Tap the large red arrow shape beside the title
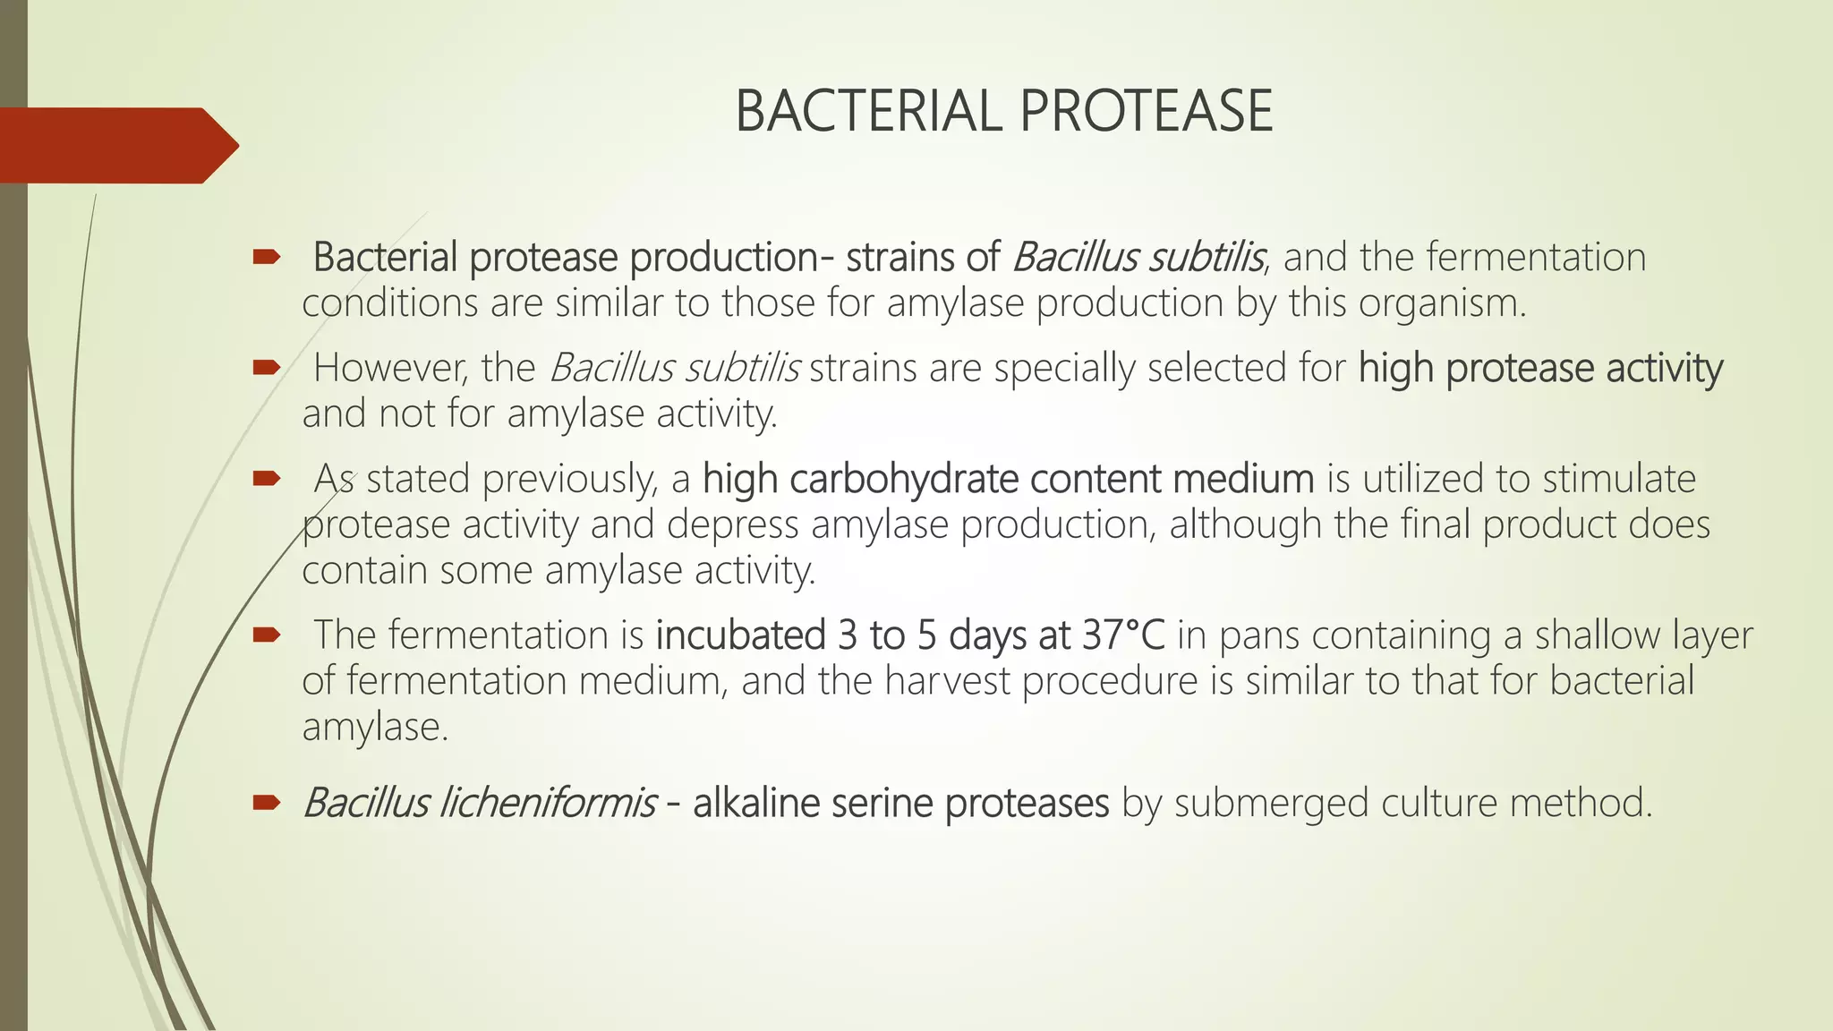point(116,145)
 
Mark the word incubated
point(740,635)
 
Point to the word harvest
point(947,681)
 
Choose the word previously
point(570,480)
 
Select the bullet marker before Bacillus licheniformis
point(266,803)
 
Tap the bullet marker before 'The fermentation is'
point(266,635)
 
